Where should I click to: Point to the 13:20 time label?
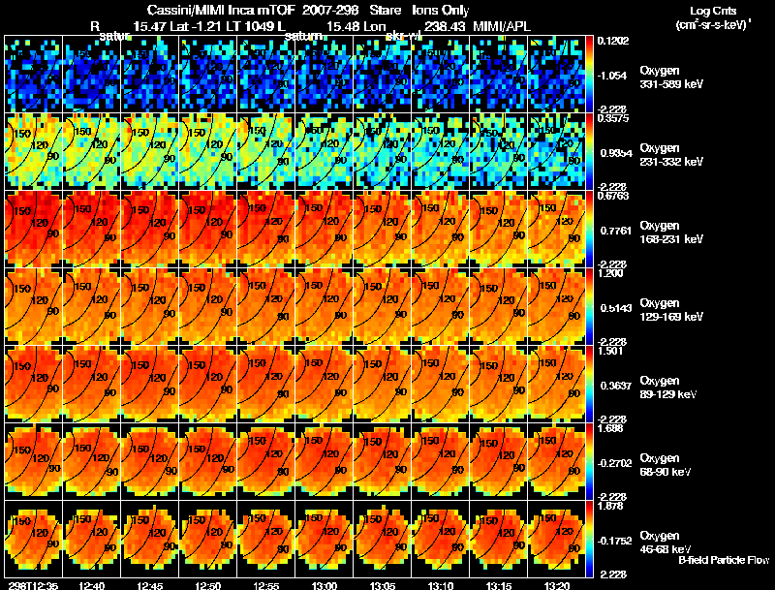point(559,585)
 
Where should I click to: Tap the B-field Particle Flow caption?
point(724,560)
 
